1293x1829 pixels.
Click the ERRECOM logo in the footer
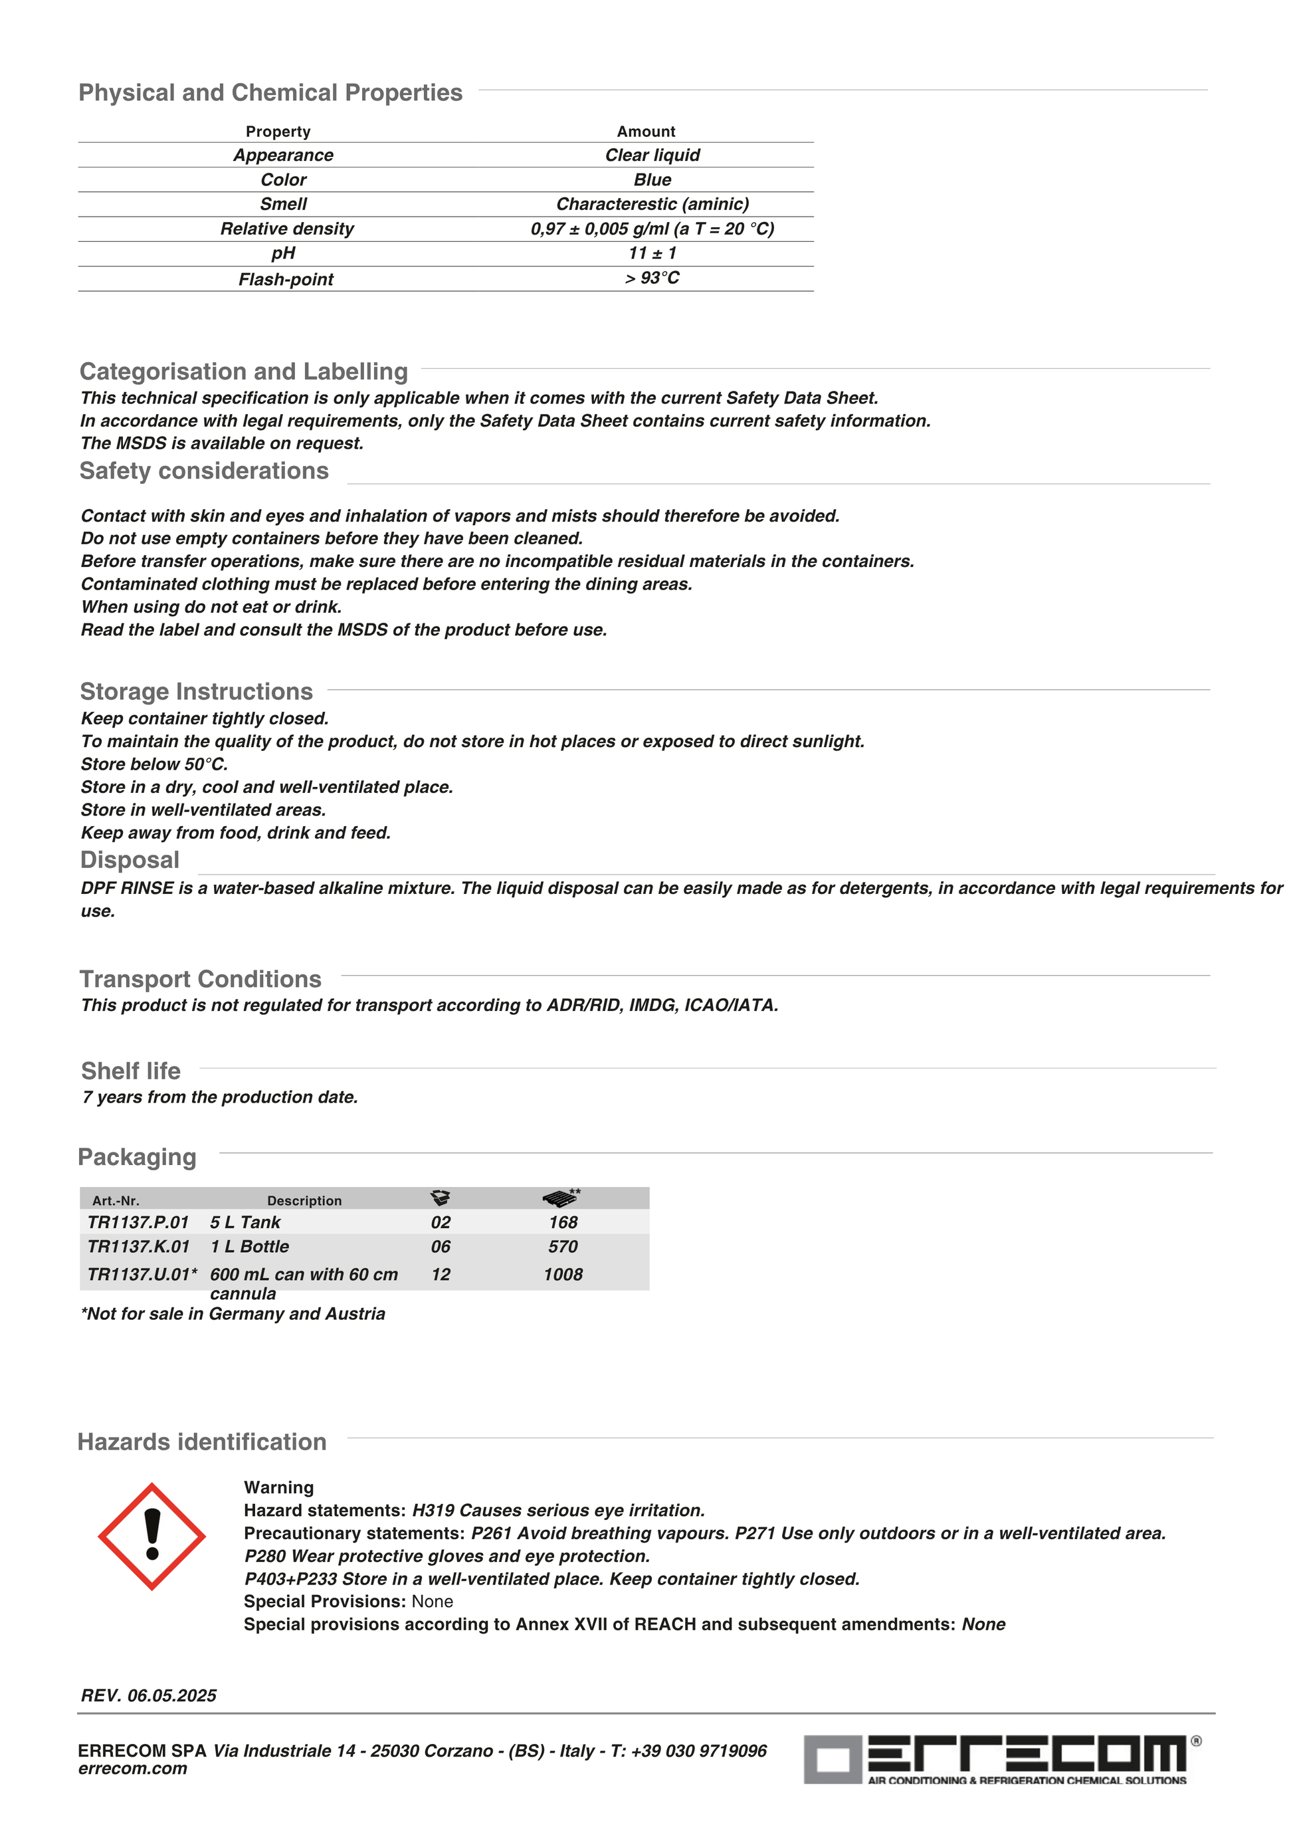[x=1001, y=1759]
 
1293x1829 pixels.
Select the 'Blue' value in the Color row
[x=652, y=180]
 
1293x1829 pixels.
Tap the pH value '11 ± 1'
[x=652, y=253]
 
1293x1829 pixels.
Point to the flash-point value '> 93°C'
[x=652, y=278]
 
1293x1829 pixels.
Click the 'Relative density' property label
[x=286, y=229]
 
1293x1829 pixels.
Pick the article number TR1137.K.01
[x=138, y=1247]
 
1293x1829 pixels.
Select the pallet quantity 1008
[x=563, y=1275]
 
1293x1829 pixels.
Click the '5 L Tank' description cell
[x=245, y=1222]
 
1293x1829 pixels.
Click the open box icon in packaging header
[x=441, y=1198]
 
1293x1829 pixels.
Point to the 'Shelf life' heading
[x=131, y=1071]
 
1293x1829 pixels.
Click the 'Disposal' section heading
[x=130, y=860]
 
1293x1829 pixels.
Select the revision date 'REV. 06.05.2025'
[x=149, y=1695]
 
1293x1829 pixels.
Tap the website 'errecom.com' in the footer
[x=132, y=1769]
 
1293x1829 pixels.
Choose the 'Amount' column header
[x=646, y=132]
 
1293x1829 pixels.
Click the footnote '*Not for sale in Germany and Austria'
[x=233, y=1314]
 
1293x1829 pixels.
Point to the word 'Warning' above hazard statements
[x=278, y=1487]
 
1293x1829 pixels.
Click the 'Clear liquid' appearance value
[x=652, y=156]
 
